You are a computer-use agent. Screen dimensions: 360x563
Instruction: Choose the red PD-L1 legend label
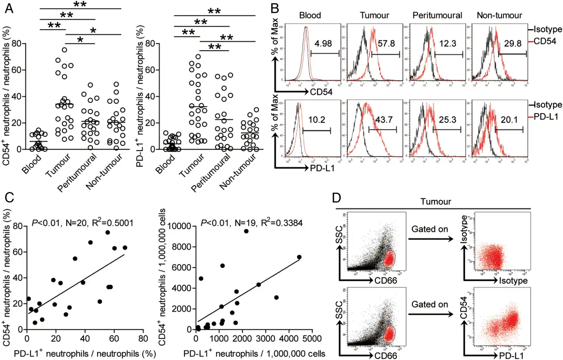(547, 116)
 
